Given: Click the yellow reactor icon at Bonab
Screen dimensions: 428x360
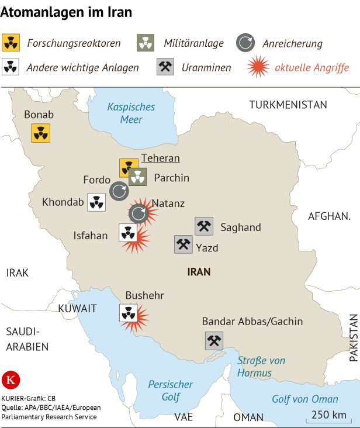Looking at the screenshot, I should pos(40,133).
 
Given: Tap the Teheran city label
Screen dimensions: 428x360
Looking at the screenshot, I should pos(160,158).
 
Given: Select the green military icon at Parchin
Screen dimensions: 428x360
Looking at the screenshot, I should pos(138,177).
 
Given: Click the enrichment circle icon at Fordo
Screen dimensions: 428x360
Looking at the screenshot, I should pos(119,190).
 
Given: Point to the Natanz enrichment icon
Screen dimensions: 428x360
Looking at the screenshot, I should pos(139,213).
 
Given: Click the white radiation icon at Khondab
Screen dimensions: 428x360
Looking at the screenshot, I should pos(96,202).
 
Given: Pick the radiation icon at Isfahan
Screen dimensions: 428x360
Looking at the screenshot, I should pos(127,233).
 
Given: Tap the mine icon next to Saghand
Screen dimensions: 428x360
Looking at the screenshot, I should pos(204,226).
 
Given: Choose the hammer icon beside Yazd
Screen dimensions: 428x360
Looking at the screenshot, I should pos(184,244).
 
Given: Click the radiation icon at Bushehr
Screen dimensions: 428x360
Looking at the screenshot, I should pos(127,313).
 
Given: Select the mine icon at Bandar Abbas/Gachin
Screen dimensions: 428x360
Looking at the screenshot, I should pos(214,341).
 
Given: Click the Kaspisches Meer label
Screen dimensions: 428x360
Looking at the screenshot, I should pos(131,113).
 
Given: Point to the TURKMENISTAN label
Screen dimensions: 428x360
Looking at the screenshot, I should pos(288,105).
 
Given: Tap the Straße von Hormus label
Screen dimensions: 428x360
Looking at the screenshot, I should pos(261,367).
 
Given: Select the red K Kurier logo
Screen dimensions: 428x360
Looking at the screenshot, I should pos(11,380).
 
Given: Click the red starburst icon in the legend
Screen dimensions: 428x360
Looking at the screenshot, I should pos(258,67).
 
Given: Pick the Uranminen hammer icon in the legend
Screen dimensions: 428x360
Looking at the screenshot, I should pos(165,67).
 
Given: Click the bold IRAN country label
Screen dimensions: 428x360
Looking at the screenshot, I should pos(199,272).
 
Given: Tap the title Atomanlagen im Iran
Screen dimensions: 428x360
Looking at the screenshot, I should pos(66,12).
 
